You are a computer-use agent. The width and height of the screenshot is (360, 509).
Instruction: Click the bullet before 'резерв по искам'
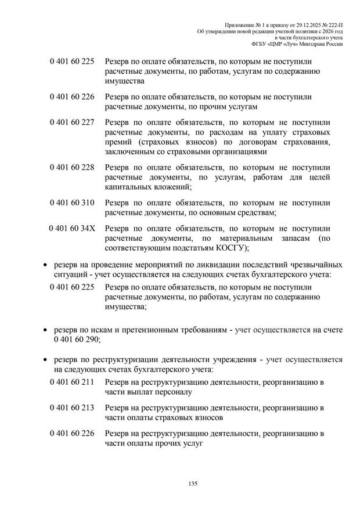point(46,330)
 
